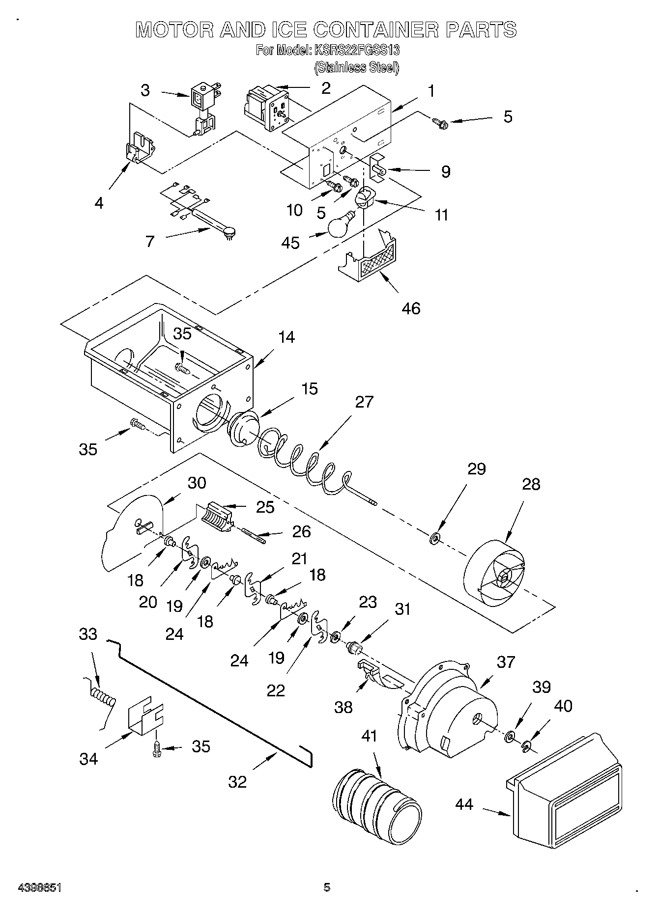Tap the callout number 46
tap(411, 308)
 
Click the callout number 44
tap(464, 804)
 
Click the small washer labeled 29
tap(435, 539)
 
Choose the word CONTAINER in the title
tap(375, 29)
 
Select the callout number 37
tap(506, 662)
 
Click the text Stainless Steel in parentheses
tap(357, 67)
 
